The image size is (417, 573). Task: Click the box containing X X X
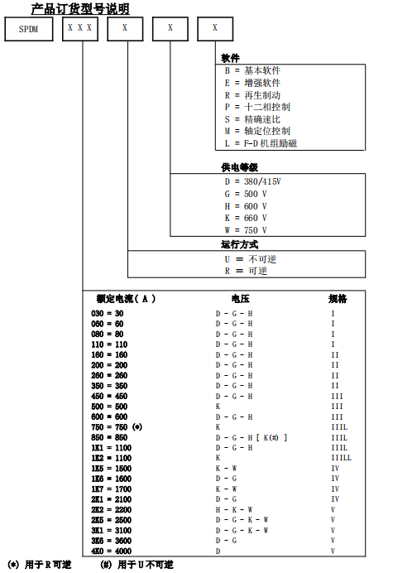[81, 29]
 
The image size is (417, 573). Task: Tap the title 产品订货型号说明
[80, 9]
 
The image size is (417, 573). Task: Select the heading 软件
[231, 59]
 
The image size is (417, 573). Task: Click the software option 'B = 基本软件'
[252, 71]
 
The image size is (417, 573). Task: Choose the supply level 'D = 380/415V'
[252, 181]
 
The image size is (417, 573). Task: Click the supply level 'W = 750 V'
[246, 229]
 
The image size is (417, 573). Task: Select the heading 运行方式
[240, 245]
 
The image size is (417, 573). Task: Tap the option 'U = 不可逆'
[246, 258]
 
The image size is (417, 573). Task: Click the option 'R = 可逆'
[246, 271]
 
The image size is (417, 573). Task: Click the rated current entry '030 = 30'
[108, 314]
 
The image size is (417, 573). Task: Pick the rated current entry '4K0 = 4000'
[111, 550]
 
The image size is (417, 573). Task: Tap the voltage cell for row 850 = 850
[252, 437]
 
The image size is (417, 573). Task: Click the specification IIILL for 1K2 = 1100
[341, 458]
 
